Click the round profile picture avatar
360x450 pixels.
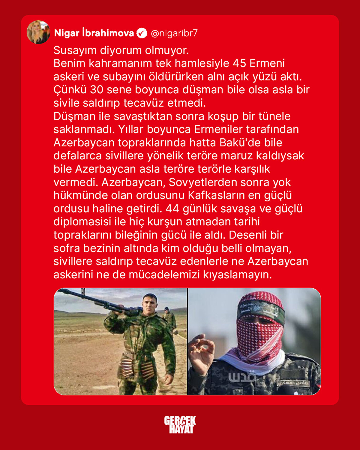[x=38, y=32]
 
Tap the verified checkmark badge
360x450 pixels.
[x=142, y=33]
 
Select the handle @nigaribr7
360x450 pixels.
[x=174, y=33]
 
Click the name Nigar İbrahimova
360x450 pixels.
[x=94, y=33]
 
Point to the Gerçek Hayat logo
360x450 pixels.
[x=180, y=424]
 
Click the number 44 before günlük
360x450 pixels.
[x=172, y=208]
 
